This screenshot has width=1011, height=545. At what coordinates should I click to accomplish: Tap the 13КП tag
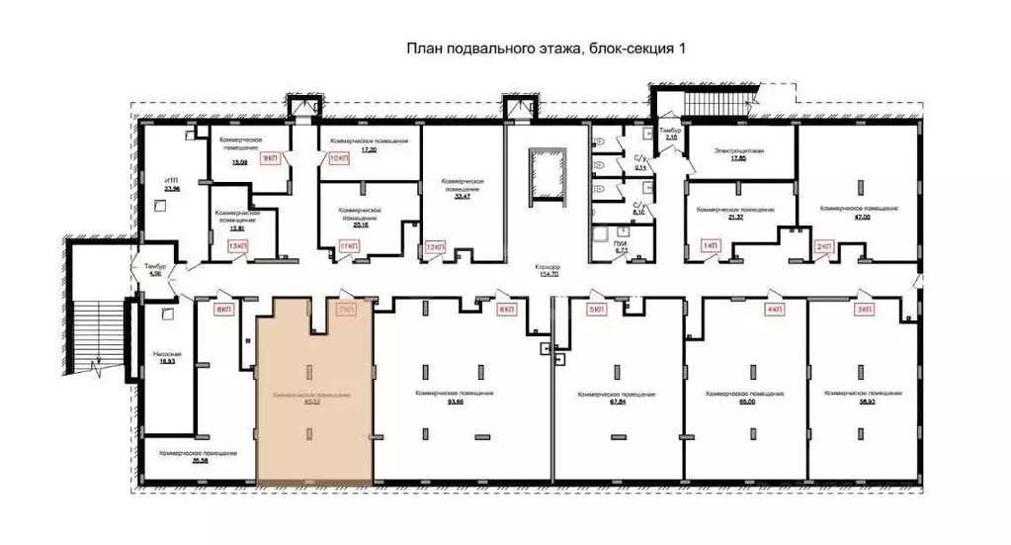coord(238,245)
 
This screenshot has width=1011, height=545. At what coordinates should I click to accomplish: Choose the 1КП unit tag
coord(710,245)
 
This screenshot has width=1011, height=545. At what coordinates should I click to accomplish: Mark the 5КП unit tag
coord(596,310)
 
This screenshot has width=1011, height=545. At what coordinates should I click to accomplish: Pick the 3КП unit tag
coord(865,310)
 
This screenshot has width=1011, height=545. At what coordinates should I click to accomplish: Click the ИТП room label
coord(171,180)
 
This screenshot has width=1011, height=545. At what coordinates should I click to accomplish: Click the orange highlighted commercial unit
coord(314,396)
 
